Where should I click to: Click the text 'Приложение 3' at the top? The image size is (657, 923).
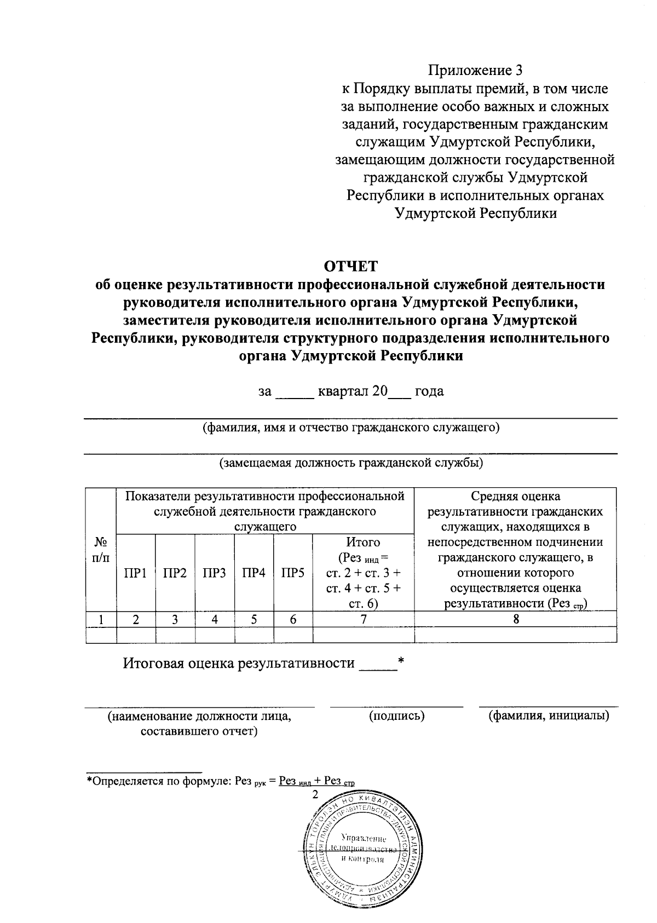tap(475, 71)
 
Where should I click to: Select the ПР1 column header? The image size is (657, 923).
tap(135, 573)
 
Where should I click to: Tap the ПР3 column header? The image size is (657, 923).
tap(214, 573)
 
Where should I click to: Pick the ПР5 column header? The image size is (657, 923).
tap(293, 573)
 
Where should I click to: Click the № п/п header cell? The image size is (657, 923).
tap(101, 550)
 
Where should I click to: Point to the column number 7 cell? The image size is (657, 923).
tap(363, 619)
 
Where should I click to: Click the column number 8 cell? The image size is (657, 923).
tap(515, 619)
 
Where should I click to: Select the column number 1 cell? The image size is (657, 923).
tap(101, 619)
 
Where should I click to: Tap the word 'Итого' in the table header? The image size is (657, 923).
tap(363, 542)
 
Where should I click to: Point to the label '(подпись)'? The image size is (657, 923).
tap(397, 716)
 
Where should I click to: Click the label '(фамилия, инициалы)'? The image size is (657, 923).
tap(549, 716)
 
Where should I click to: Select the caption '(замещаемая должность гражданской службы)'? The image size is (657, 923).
tap(350, 463)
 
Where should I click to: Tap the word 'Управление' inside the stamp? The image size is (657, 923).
tap(363, 838)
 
